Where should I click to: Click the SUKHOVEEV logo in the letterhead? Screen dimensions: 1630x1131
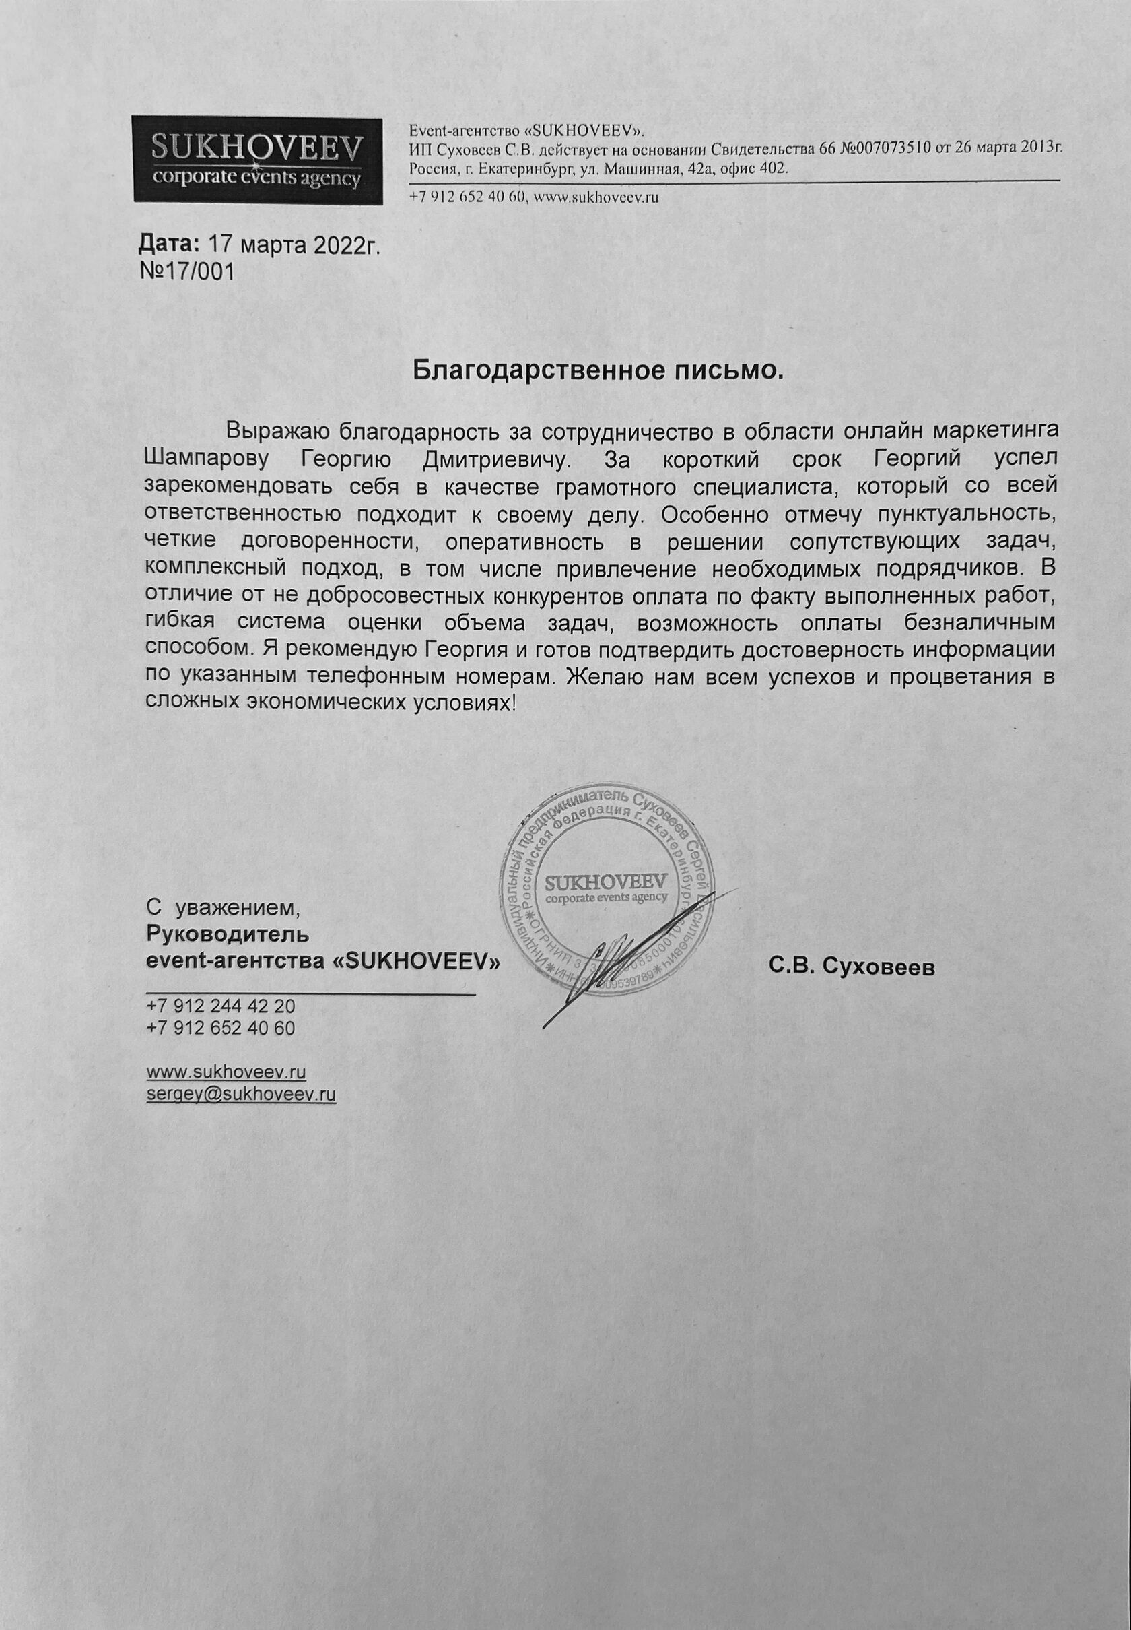click(258, 159)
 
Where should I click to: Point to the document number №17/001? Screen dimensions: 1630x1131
click(189, 271)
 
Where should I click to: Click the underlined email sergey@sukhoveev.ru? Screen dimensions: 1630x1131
click(240, 1094)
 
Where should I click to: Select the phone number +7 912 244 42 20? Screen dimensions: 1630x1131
click(220, 1007)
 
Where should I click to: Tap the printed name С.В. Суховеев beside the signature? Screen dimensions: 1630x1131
click(850, 967)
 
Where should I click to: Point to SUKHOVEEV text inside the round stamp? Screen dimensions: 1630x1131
click(607, 883)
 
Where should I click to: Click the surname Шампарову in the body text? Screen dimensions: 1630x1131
click(206, 459)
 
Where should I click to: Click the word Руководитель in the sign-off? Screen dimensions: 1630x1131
click(227, 934)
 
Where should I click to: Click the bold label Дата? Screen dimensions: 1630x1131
click(169, 245)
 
